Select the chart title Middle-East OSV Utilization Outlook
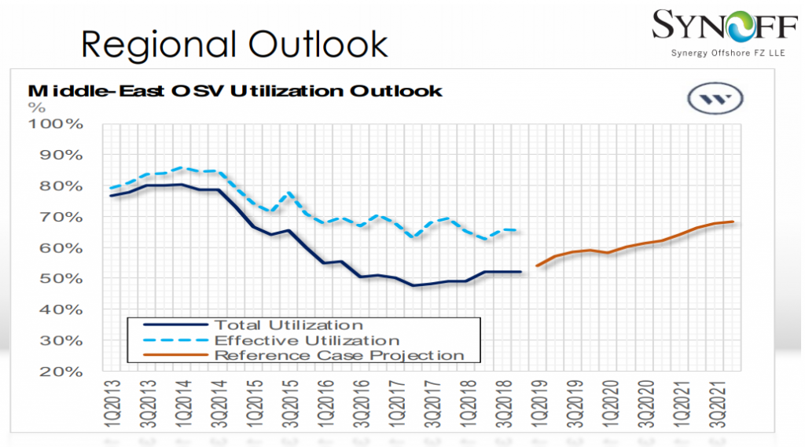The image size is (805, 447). coord(235,90)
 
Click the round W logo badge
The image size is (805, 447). coord(715,100)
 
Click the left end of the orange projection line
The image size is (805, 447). coord(537,266)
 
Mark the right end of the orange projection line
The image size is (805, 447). coord(733,222)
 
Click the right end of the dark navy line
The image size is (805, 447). coord(520,272)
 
